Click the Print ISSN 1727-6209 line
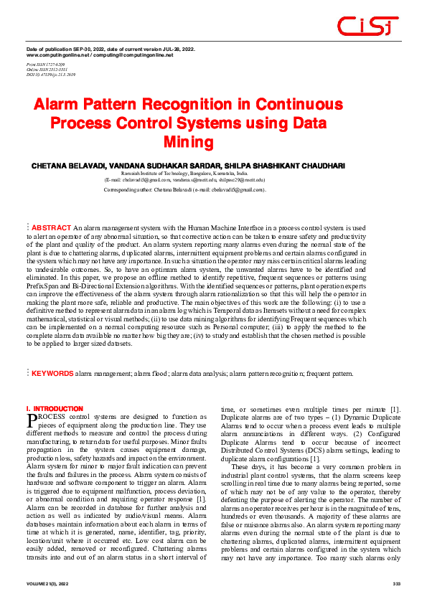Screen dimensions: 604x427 [x=46, y=64]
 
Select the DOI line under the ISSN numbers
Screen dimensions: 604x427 [x=51, y=74]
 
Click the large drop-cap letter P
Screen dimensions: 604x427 [x=32, y=420]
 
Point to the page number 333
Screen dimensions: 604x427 [x=395, y=585]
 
